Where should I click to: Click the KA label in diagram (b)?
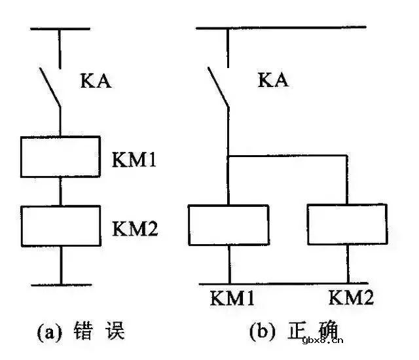click(x=273, y=81)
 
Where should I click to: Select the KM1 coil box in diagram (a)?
click(x=60, y=157)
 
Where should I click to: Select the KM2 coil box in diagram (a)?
click(x=60, y=225)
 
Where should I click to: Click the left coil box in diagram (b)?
click(x=228, y=225)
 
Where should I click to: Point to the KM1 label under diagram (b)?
click(x=233, y=299)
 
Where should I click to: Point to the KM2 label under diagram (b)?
click(x=351, y=299)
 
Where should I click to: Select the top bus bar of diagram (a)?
click(x=60, y=29)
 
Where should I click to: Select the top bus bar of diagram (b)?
click(x=281, y=27)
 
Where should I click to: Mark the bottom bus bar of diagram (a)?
click(x=60, y=285)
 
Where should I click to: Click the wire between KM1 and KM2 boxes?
click(x=60, y=191)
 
